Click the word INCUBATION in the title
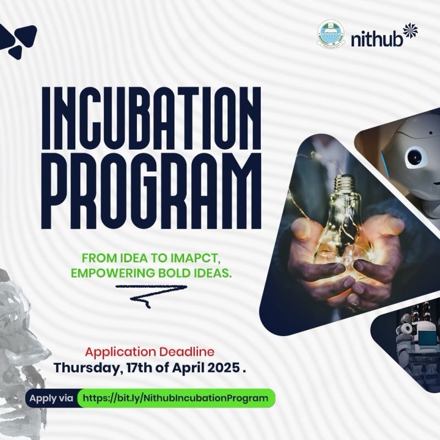coord(151,118)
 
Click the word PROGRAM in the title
coord(151,191)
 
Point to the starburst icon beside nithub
coord(410,31)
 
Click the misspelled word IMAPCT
coord(195,258)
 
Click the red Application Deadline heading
coord(150,352)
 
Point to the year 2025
coord(223,367)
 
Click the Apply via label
coord(51,398)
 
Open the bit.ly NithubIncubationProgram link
coord(175,398)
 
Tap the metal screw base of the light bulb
coord(347,185)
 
